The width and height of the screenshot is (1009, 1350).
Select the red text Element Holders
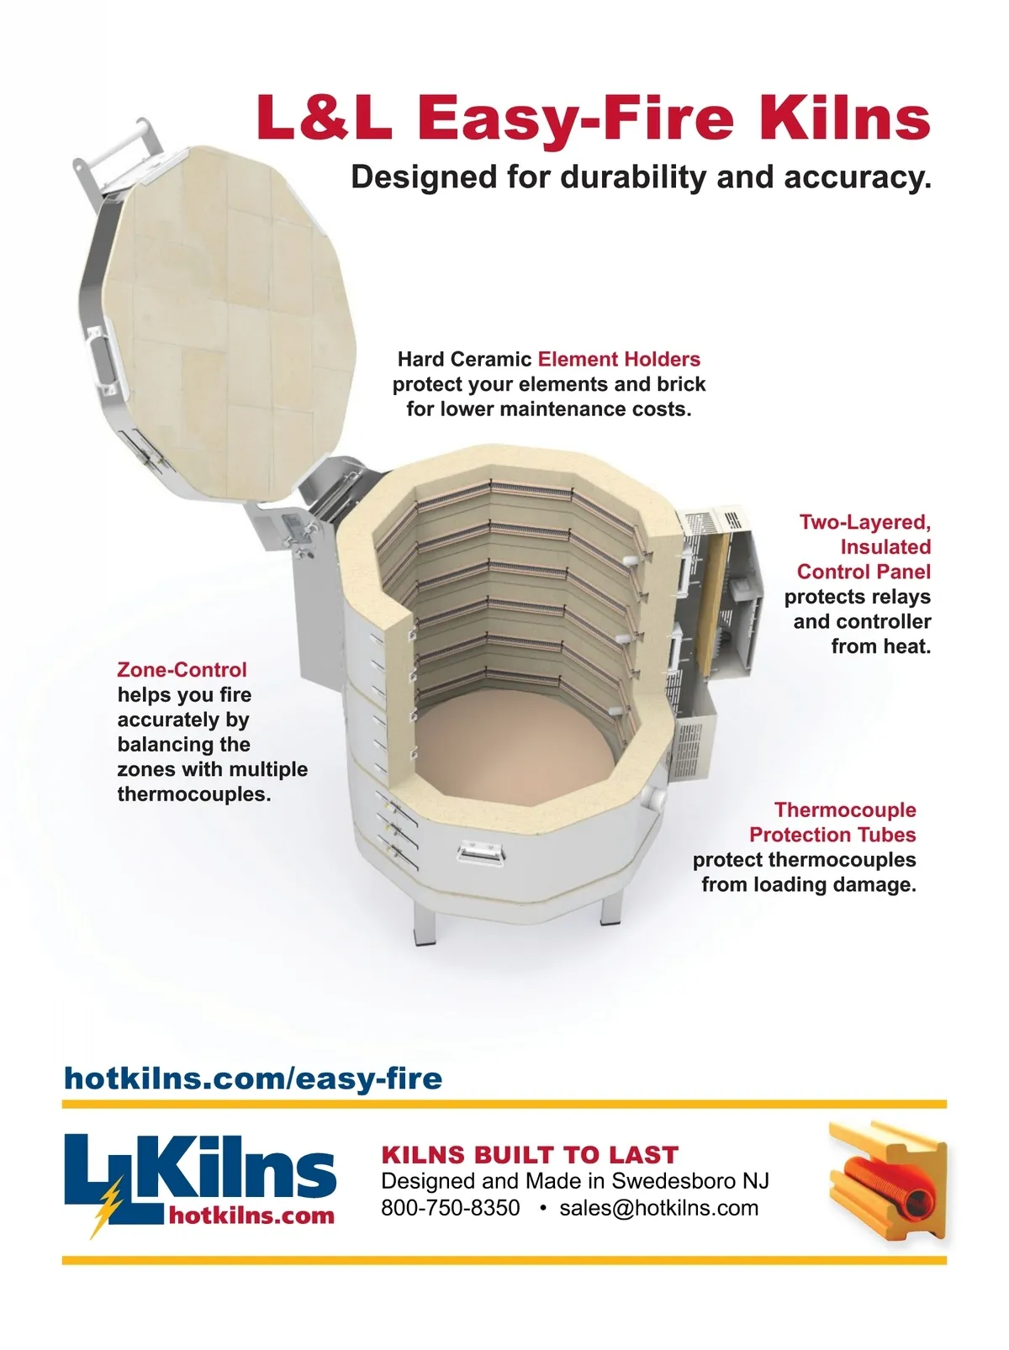click(x=619, y=359)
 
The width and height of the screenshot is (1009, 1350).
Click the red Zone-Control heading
click(x=182, y=669)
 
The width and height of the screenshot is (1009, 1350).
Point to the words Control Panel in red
click(x=864, y=572)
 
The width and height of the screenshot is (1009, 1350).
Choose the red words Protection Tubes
click(x=832, y=835)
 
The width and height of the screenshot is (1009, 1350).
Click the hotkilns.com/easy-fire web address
click(x=253, y=1079)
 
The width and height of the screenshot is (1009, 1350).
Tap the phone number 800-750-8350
click(x=451, y=1208)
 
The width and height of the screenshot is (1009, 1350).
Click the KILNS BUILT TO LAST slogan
click(x=530, y=1155)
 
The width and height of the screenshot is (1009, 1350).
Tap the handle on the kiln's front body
click(x=480, y=853)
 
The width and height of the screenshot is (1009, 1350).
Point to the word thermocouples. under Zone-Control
click(x=193, y=794)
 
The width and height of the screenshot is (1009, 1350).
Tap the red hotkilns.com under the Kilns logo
click(x=251, y=1216)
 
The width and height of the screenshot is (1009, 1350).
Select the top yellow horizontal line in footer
click(x=504, y=1105)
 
